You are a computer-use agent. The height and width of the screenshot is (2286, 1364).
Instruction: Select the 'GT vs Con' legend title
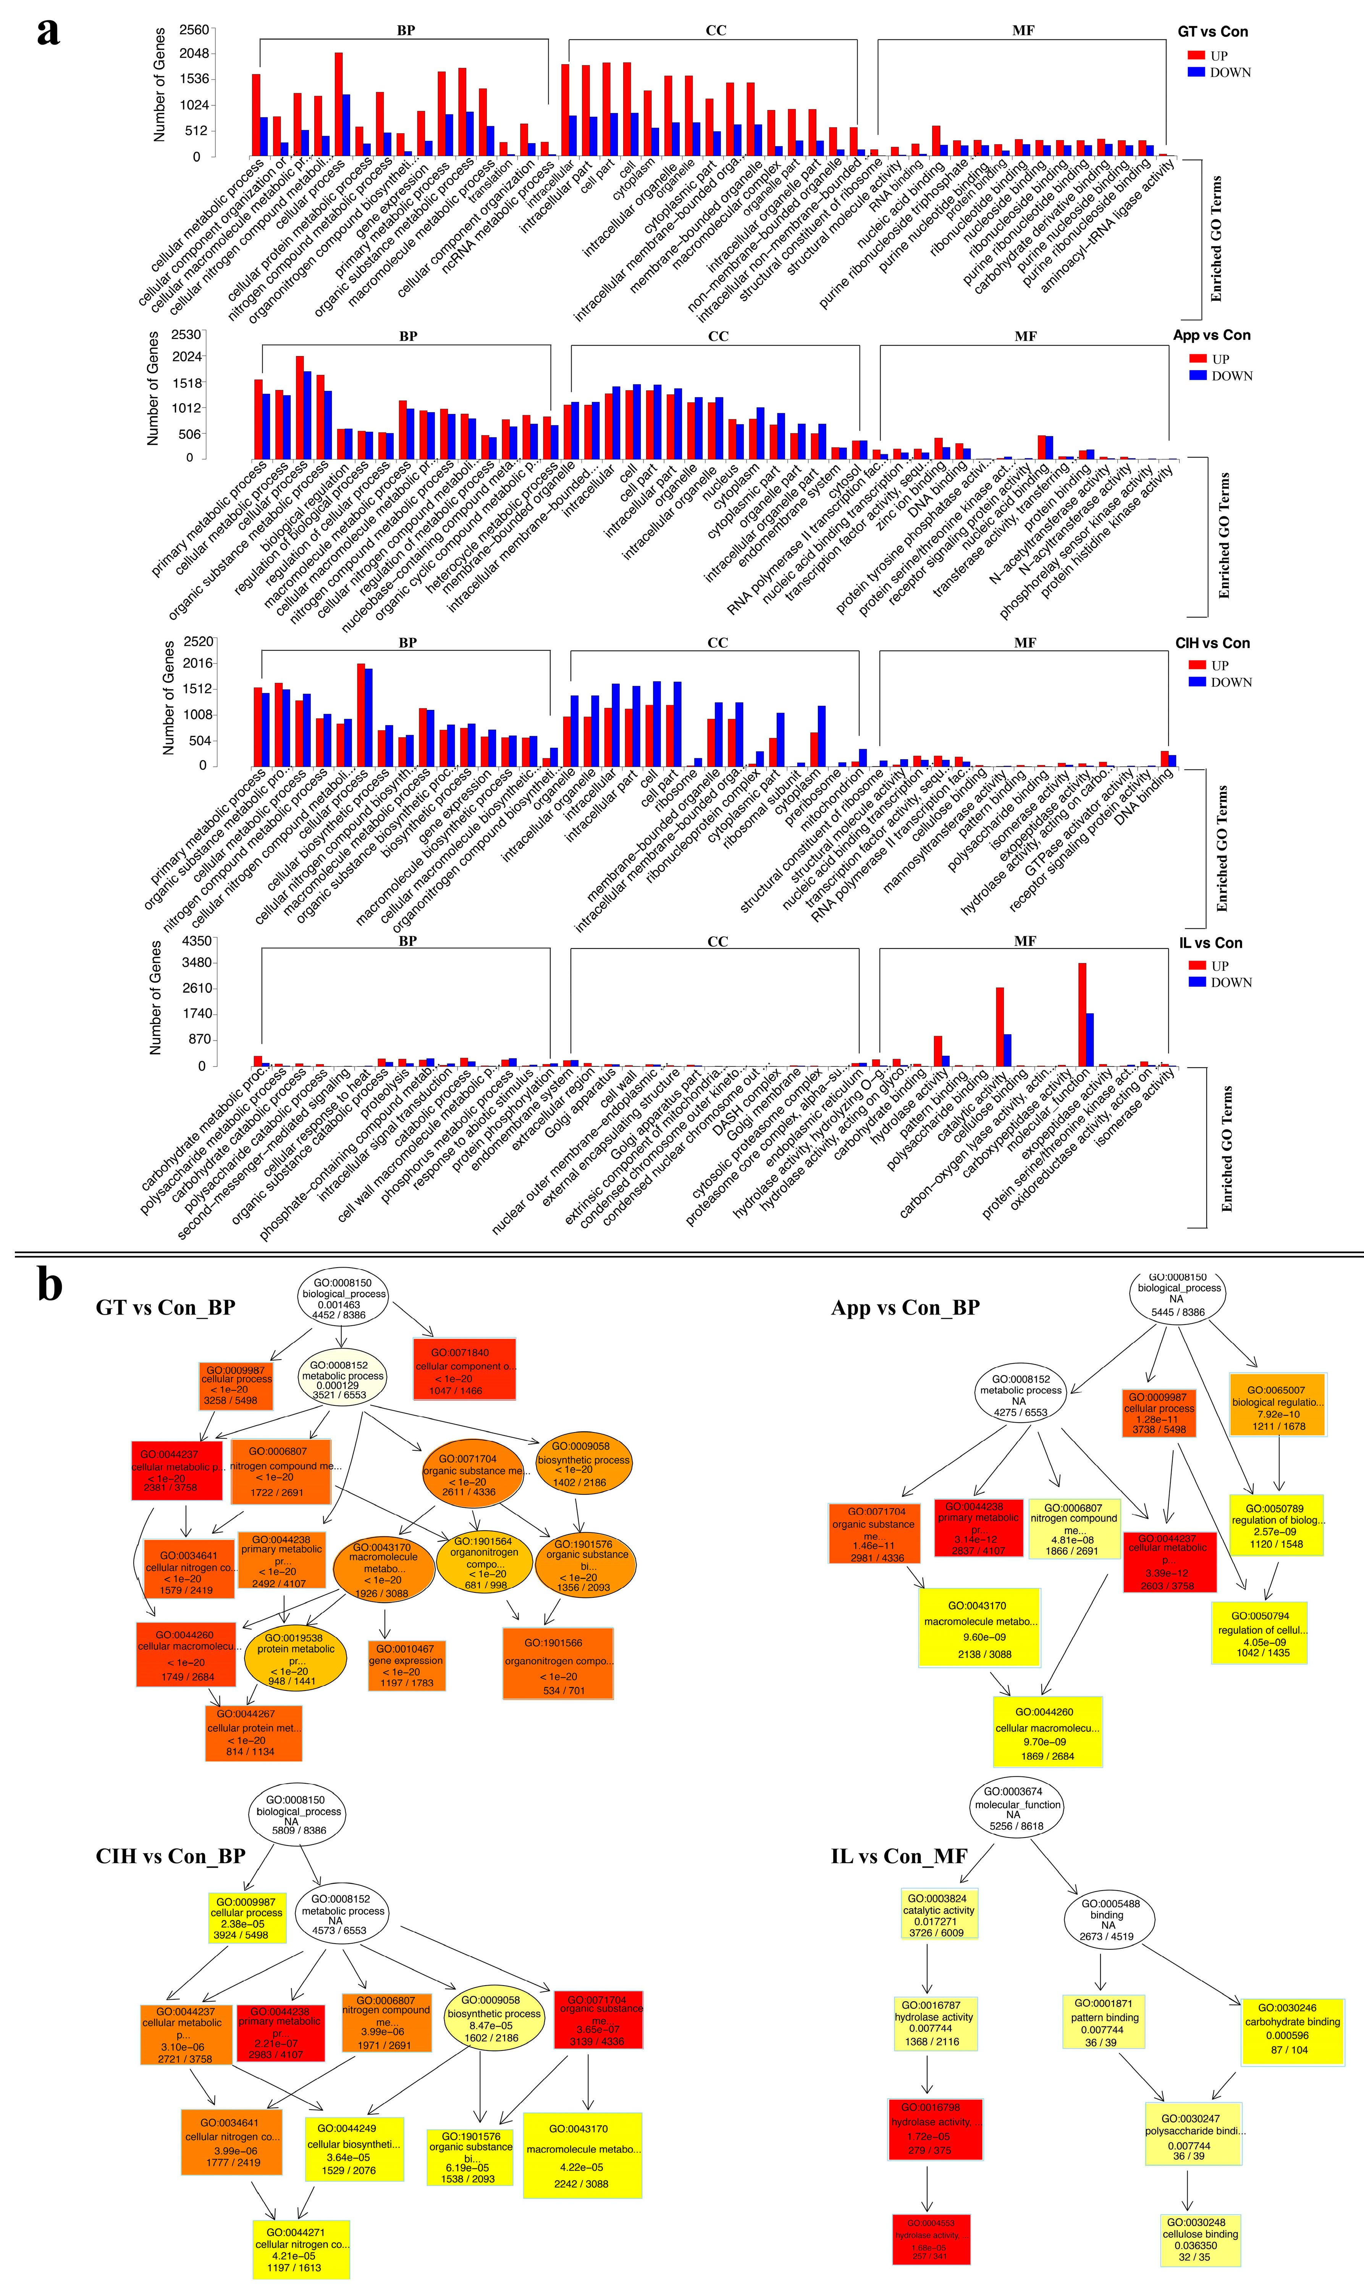[1212, 31]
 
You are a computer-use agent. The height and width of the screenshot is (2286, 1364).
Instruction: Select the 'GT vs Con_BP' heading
[165, 1307]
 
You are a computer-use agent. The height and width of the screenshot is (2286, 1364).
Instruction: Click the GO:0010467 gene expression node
[406, 1665]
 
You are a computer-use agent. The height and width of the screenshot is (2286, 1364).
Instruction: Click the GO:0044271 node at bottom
[301, 2248]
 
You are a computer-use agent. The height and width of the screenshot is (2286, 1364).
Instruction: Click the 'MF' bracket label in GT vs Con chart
[1023, 30]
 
